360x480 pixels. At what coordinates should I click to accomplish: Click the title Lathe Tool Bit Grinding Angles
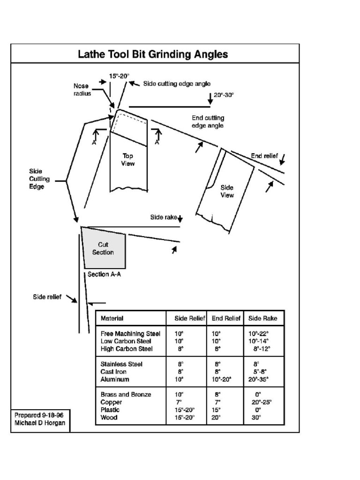tap(153, 54)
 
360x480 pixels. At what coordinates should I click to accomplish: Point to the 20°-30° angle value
tap(224, 95)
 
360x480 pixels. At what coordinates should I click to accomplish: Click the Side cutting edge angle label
tap(173, 84)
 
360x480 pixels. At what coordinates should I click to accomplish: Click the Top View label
tap(128, 159)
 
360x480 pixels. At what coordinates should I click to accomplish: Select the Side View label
tap(227, 191)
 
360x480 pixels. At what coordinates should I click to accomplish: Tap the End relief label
tap(264, 156)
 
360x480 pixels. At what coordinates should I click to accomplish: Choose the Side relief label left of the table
tap(47, 297)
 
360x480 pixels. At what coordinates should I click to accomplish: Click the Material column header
tap(112, 319)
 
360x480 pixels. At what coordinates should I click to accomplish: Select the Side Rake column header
tap(262, 319)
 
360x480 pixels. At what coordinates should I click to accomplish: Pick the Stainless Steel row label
tap(121, 364)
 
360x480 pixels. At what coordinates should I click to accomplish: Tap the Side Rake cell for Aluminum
tap(258, 379)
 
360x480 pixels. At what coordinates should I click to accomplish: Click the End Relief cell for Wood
tap(216, 417)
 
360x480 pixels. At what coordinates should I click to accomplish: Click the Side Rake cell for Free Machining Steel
tap(258, 334)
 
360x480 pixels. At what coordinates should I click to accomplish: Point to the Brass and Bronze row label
tap(126, 395)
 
